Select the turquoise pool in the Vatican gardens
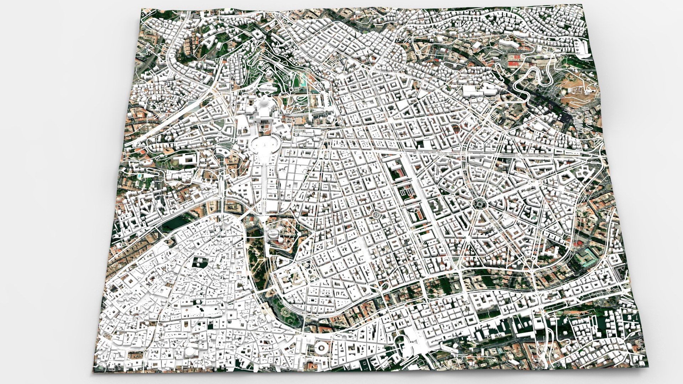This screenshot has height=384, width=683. pyautogui.click(x=304, y=82)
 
